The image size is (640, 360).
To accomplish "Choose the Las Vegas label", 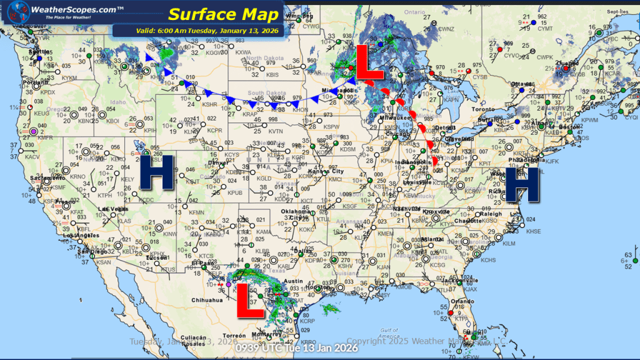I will click(112, 209).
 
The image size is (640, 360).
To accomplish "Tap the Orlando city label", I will click(460, 302).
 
